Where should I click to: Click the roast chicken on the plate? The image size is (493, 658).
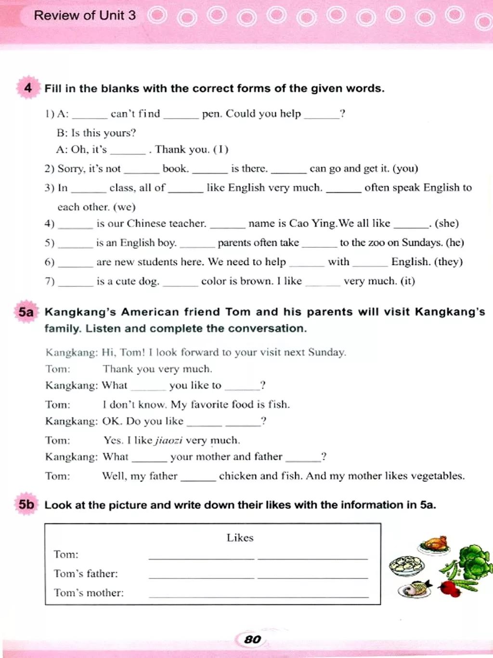[x=435, y=543]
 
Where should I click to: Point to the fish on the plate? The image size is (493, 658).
[x=415, y=588]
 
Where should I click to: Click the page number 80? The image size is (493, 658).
[x=252, y=639]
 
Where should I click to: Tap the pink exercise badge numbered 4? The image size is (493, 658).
[x=28, y=88]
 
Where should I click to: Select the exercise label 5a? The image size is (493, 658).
[x=26, y=312]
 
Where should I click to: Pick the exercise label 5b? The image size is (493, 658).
[x=26, y=505]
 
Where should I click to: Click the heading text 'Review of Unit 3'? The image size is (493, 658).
[x=85, y=15]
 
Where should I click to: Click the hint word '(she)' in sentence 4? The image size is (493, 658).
[x=446, y=223]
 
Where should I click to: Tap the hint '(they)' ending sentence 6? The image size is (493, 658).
[x=448, y=262]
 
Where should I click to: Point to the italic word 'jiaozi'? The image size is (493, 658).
[x=168, y=440]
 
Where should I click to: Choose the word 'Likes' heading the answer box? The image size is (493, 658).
[x=240, y=537]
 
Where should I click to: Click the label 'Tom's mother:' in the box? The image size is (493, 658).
[x=89, y=592]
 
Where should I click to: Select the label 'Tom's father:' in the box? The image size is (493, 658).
[x=86, y=573]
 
